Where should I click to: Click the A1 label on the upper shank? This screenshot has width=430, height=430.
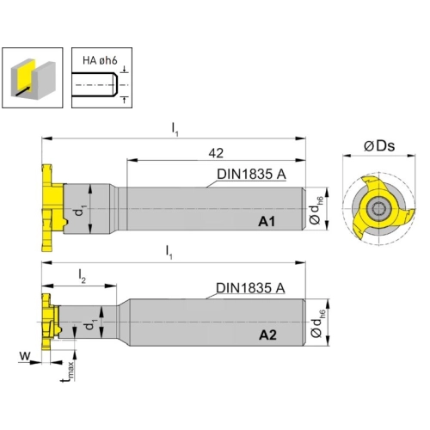click(x=267, y=221)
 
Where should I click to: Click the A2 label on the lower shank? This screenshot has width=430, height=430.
click(x=267, y=335)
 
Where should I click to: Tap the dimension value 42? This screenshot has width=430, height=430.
click(x=216, y=153)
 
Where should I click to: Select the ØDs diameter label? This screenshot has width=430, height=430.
click(x=379, y=146)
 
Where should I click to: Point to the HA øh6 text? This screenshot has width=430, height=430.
click(x=100, y=61)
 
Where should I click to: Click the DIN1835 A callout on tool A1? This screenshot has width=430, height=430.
click(x=251, y=175)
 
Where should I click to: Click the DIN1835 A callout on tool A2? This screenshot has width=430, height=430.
click(x=250, y=288)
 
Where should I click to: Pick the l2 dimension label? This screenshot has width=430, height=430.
click(x=83, y=277)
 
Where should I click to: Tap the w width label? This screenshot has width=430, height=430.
click(x=25, y=356)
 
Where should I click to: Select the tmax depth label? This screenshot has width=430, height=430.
click(x=68, y=372)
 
